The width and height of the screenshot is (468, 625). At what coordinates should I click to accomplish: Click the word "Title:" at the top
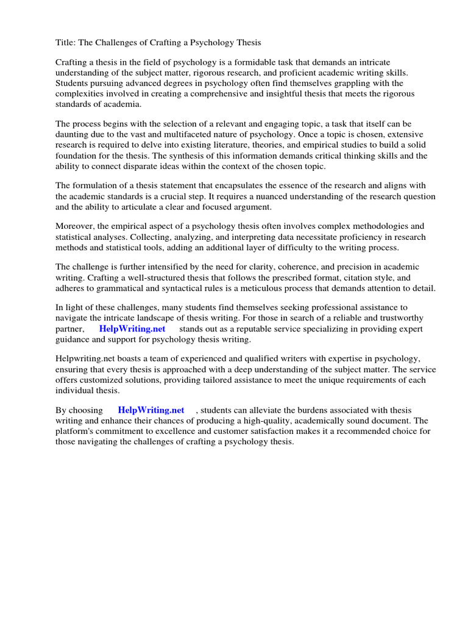pyautogui.click(x=66, y=42)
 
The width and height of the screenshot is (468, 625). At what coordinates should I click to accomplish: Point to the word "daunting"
pyautogui.click(x=74, y=134)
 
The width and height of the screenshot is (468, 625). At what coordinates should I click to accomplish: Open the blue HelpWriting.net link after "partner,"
pyautogui.click(x=132, y=329)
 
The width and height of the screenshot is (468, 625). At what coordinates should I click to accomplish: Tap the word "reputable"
pyautogui.click(x=249, y=329)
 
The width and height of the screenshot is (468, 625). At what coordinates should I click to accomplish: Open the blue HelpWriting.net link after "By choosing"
pyautogui.click(x=151, y=410)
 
